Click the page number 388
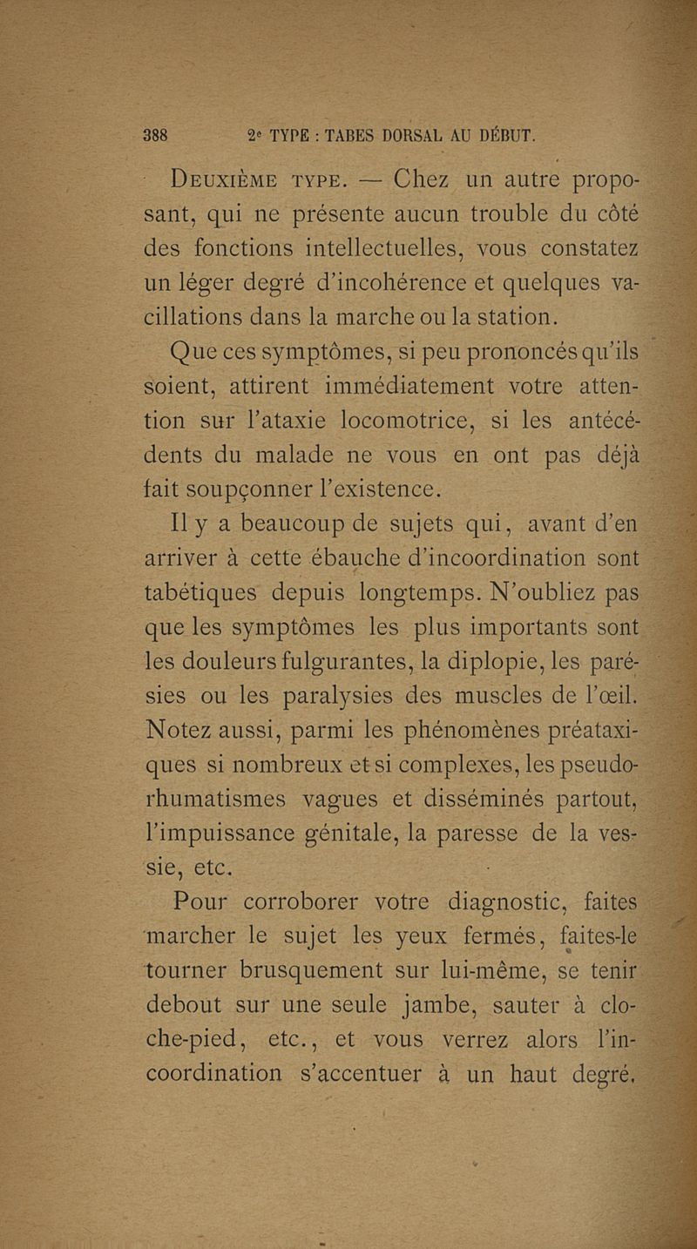point(160,136)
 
